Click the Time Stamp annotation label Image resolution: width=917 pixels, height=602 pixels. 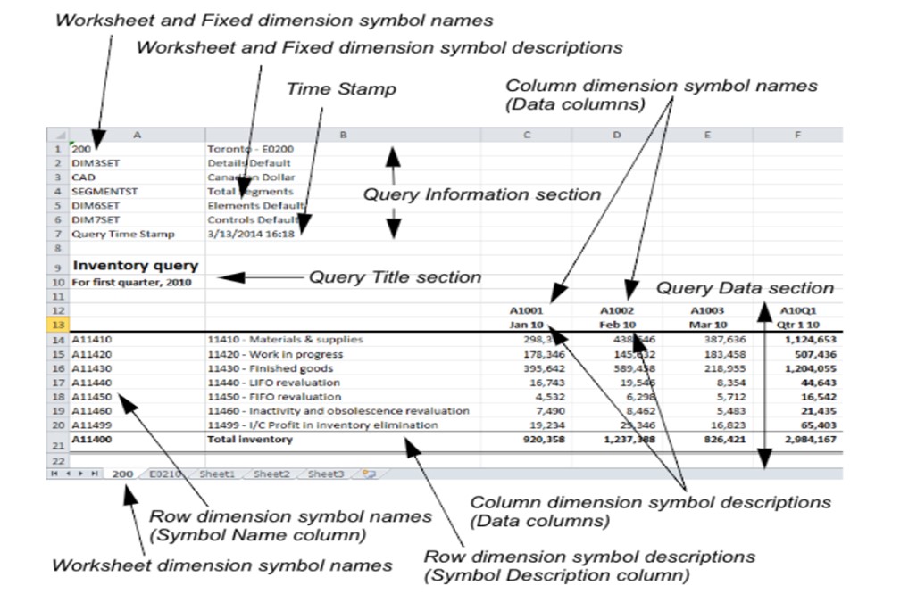point(341,89)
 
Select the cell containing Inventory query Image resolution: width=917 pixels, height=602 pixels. point(136,266)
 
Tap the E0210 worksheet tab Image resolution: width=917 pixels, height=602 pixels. point(166,474)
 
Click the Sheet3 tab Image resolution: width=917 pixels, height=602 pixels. point(326,474)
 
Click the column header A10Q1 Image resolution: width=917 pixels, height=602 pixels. point(798,309)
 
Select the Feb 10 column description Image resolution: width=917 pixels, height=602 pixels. point(617,325)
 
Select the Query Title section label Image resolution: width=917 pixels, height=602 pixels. point(395,277)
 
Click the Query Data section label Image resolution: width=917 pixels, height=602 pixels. point(745,288)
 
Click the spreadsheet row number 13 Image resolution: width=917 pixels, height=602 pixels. point(57,325)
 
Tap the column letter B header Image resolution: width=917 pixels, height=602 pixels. point(343,135)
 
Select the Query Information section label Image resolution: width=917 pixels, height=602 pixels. point(481,194)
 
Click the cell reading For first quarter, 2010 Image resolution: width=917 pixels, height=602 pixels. point(131,282)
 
